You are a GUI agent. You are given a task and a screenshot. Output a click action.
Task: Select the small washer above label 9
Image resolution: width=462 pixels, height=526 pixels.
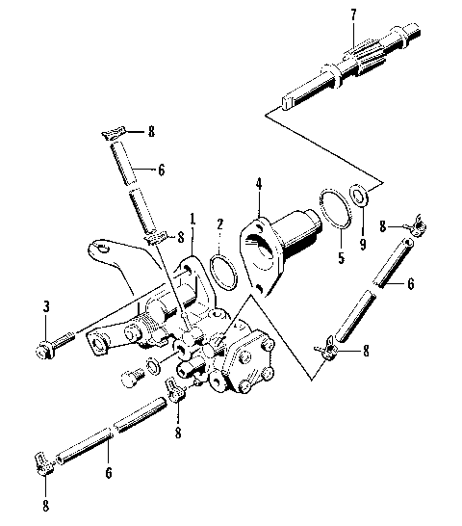tap(359, 197)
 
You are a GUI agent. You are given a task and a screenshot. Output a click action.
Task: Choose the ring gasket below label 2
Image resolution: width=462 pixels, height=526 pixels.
tap(223, 269)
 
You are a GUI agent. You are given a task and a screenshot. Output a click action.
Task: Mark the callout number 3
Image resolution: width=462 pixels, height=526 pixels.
tap(46, 306)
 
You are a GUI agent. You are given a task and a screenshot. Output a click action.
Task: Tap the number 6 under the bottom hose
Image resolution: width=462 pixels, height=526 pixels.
tap(109, 473)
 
